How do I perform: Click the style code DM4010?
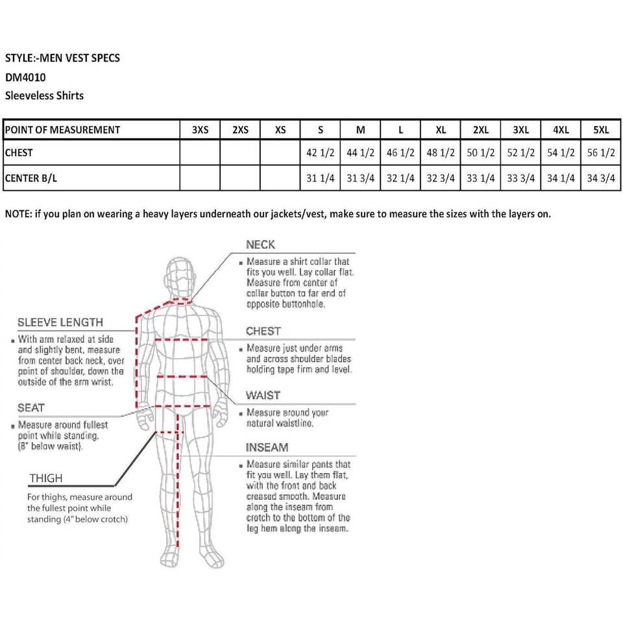pos(25,77)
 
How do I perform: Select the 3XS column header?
pos(201,130)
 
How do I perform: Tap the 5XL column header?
pos(601,130)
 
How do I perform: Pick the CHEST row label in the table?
pos(18,153)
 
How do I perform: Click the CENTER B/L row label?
pos(31,178)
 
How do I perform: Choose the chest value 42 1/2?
pos(321,153)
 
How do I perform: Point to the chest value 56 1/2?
pos(601,153)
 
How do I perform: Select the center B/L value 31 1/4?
pos(321,178)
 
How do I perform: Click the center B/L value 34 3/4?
pos(601,178)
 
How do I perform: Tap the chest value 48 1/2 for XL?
pos(441,153)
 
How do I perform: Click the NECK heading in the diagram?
pos(260,245)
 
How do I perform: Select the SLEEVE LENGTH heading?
pos(60,323)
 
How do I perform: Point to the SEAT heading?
pos(31,408)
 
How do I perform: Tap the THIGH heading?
pos(46,478)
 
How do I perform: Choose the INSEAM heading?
pos(267,448)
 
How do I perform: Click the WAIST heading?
pos(263,395)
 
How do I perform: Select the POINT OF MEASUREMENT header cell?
pos(62,130)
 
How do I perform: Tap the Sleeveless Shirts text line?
pos(44,95)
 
